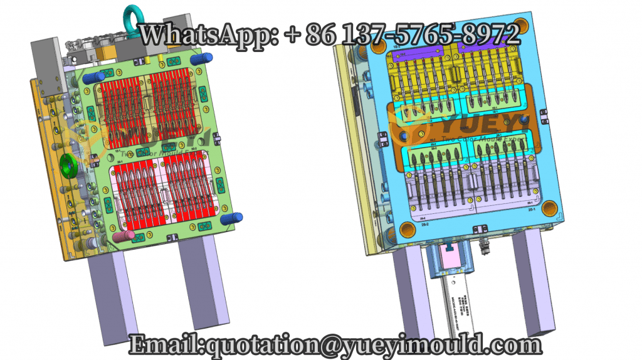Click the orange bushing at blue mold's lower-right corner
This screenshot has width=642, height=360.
tap(549, 208)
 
